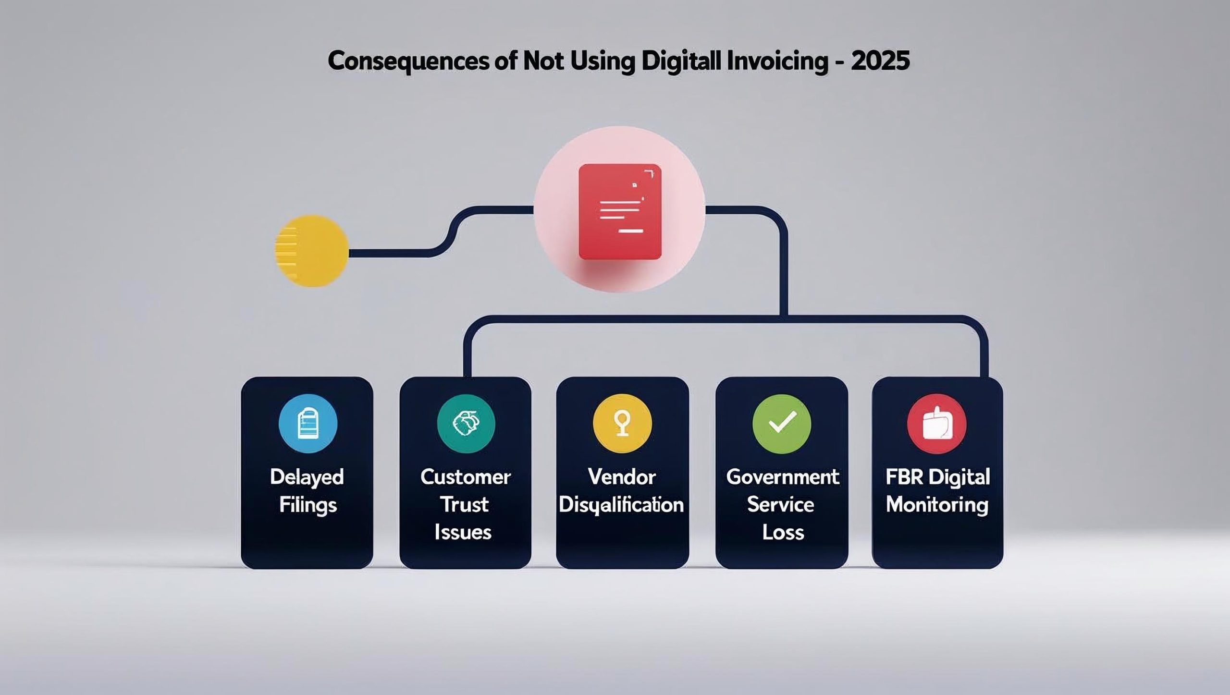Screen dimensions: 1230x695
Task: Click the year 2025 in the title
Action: point(880,61)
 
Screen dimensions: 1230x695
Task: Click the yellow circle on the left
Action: point(312,251)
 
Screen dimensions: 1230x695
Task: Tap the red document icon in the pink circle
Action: point(620,212)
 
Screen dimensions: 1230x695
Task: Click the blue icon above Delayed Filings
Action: point(308,424)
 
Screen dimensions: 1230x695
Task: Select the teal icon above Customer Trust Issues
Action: point(466,424)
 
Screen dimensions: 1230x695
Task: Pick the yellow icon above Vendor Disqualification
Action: point(622,424)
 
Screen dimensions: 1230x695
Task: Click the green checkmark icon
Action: point(782,424)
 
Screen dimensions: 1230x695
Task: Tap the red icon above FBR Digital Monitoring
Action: point(937,424)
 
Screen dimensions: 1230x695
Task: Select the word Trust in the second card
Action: point(464,505)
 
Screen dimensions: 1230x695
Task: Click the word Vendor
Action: point(622,477)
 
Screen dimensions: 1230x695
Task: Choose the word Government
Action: point(782,477)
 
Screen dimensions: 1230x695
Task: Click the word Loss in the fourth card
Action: point(783,533)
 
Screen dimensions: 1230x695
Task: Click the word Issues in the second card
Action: point(463,533)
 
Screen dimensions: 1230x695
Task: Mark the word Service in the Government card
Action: point(781,505)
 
